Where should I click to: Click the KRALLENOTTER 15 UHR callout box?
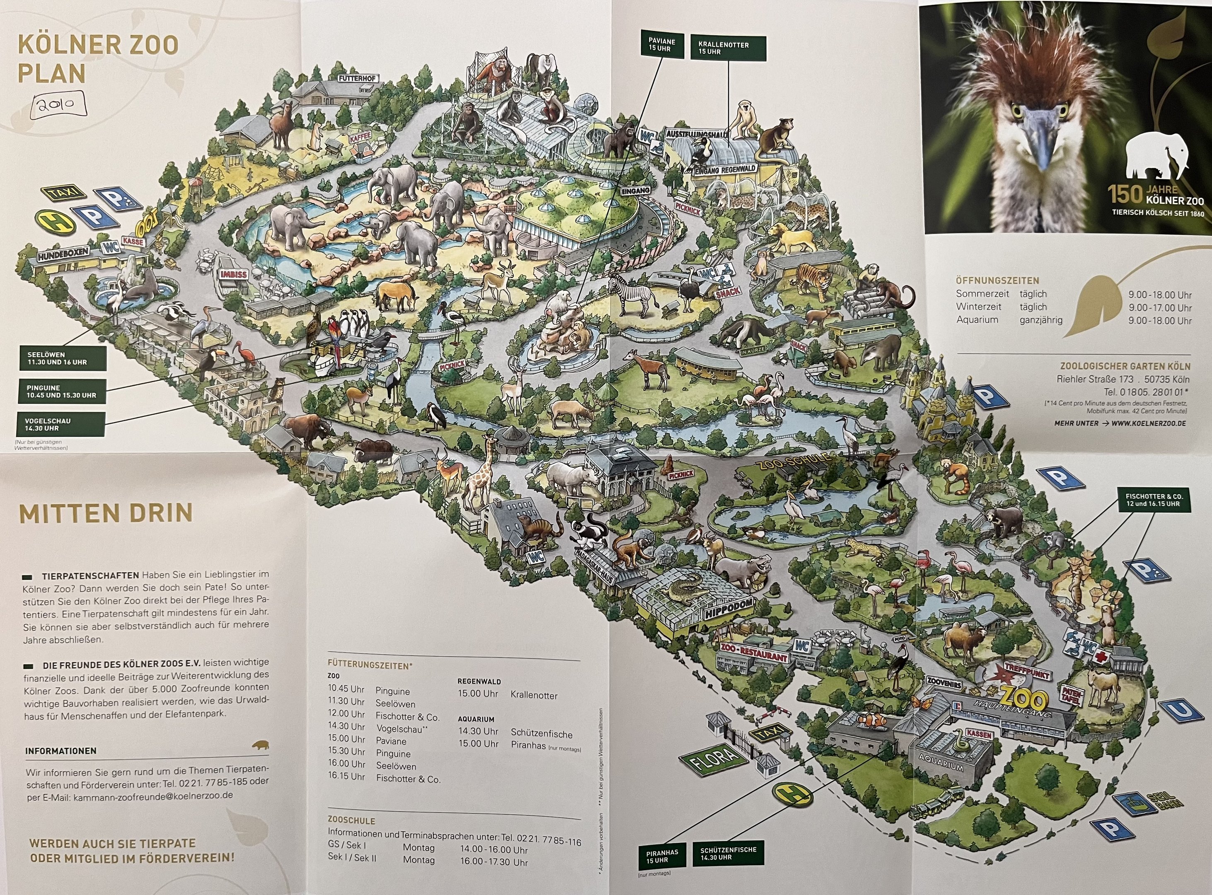728,48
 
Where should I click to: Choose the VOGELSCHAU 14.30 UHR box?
62,424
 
